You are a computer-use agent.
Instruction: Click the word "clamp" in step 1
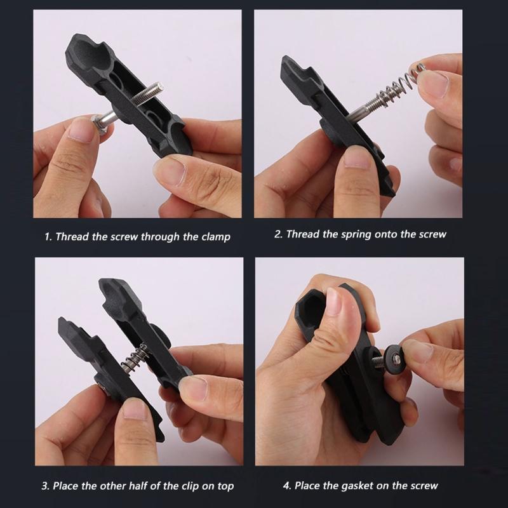pos(215,237)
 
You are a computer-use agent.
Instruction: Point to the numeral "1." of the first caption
pos(48,237)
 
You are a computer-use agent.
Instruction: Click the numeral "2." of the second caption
pos(278,234)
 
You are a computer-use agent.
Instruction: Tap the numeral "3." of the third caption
pos(46,486)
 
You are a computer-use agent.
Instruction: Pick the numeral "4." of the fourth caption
pos(288,486)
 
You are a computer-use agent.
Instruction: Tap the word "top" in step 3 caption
pos(225,486)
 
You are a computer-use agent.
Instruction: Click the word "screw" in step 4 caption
pos(424,486)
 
